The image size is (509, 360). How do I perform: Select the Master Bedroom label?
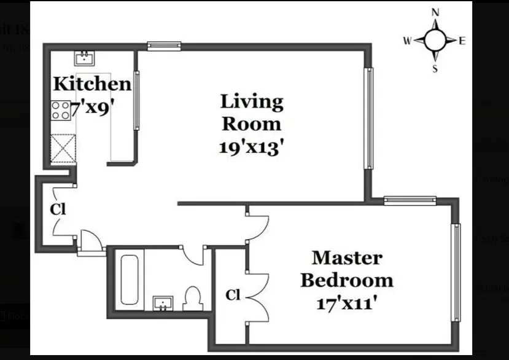point(346,269)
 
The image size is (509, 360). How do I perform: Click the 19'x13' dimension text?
point(252,146)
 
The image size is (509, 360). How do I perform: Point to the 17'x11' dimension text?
point(346,303)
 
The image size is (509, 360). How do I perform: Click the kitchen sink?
point(84,58)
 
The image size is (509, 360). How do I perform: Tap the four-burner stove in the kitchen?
point(60,111)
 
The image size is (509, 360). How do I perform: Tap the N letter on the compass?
point(435,12)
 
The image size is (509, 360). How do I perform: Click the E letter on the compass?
point(462,41)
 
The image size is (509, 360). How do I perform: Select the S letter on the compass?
point(435,69)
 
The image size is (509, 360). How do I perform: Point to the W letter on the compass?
point(407,41)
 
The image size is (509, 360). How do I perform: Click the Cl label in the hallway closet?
point(58,209)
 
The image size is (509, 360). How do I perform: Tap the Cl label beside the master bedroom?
point(232,295)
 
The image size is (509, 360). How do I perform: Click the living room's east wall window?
point(369,117)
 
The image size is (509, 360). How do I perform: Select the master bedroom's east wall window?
point(456,272)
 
